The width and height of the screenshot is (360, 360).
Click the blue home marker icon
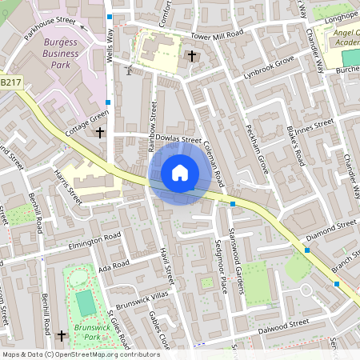pos(180,173)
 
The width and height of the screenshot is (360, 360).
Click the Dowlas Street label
pos(178,138)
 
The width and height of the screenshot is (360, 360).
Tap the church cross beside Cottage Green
pos(100,132)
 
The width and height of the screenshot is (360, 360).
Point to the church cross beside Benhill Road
pos(62,336)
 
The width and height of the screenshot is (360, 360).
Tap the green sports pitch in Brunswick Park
pos(86,302)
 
